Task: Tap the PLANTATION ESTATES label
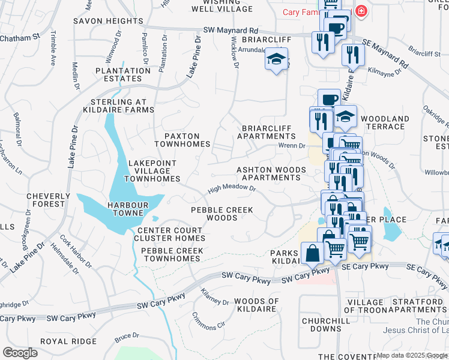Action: click(122, 74)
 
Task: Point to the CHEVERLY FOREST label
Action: click(45, 200)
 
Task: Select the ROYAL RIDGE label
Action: click(68, 341)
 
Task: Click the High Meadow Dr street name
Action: click(232, 189)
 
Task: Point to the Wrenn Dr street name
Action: click(292, 145)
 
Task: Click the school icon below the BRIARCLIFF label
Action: click(276, 59)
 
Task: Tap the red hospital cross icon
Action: click(361, 10)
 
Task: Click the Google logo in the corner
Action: click(20, 352)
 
